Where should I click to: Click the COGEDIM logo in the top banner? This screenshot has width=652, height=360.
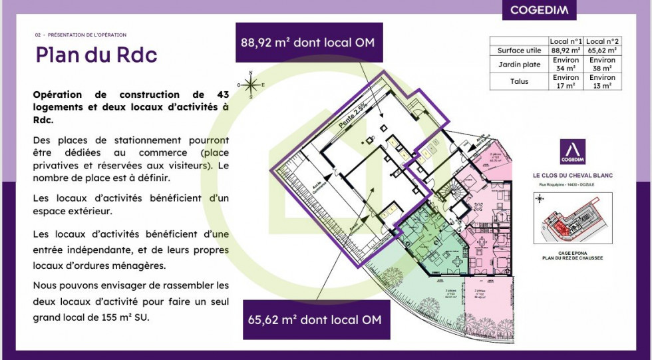tap(539, 10)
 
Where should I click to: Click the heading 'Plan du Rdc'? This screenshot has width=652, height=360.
tap(96, 55)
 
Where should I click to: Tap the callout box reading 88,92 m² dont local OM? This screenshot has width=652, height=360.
tap(309, 43)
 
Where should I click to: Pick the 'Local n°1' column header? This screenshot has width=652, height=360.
tap(566, 41)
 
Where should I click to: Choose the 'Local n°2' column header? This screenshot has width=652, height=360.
tap(603, 41)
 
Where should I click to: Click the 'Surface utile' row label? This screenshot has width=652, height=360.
tap(519, 50)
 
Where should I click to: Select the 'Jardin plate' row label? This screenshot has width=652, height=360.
tap(519, 64)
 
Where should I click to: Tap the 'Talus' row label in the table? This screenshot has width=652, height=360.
tap(519, 81)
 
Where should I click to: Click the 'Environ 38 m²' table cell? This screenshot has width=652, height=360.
tap(603, 64)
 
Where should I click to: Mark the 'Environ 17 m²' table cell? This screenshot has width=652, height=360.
tap(566, 81)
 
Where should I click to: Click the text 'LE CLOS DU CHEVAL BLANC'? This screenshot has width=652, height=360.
tap(572, 176)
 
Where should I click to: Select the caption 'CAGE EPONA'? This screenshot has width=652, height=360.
tap(572, 253)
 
